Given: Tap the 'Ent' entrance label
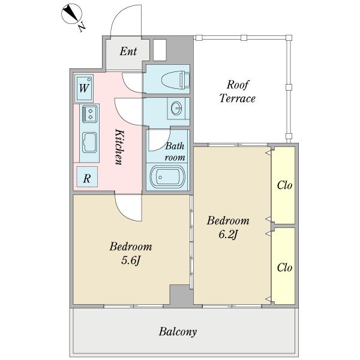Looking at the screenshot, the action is click(128, 51).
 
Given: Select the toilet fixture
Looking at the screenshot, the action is click(176, 80).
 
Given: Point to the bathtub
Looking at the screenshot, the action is click(167, 177).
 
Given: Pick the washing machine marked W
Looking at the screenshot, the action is click(84, 88).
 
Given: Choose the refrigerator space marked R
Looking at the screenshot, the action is click(87, 177).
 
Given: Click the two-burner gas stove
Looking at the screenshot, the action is click(90, 113).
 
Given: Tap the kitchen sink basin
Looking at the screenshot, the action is click(89, 142).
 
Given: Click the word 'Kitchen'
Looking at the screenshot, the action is click(119, 147).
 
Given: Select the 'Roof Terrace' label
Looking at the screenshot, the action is click(238, 91).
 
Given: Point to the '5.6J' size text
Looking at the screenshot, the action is click(131, 260).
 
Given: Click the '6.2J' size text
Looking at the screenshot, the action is click(228, 235).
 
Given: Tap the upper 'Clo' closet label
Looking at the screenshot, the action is click(284, 185).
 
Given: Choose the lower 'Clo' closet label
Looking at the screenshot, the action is click(284, 268).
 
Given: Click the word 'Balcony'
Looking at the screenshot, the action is click(178, 332).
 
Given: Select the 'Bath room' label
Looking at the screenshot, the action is click(175, 152).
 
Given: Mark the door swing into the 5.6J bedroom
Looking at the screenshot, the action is click(129, 208).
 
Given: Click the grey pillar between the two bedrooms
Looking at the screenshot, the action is click(181, 295).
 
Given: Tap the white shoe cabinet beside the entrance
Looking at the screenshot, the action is click(160, 50).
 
